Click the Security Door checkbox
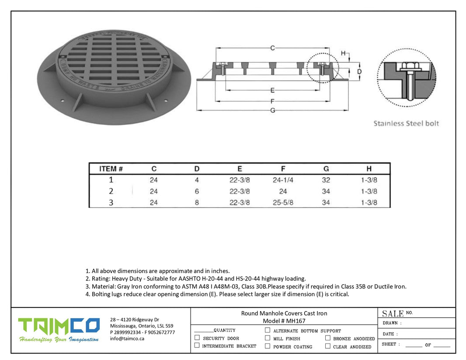pos(197,338)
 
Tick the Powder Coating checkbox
pos(268,346)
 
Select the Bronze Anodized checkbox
pos(327,338)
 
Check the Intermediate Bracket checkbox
pos(197,346)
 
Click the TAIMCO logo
pos(59,329)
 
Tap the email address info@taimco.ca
pos(127,339)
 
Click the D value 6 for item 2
pos(197,191)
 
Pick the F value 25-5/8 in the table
pos(283,203)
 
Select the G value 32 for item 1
pos(326,180)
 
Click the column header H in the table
pos(369,169)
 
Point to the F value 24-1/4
pos(283,180)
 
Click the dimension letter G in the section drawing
pos(272,110)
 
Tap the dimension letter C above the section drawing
pos(272,48)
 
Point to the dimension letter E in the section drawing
pos(272,90)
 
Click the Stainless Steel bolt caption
pos(406,123)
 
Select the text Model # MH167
pos(284,321)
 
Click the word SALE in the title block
pos(393,314)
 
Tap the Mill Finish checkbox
pos(268,338)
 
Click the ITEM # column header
pos(111,169)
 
